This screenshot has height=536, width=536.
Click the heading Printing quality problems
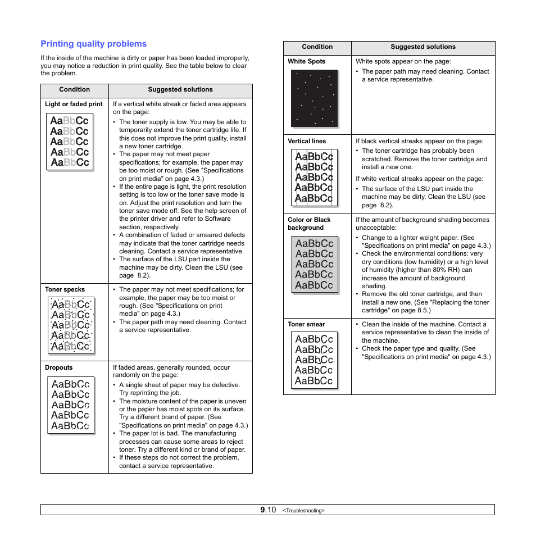(x=93, y=44)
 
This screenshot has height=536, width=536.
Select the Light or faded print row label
(x=74, y=104)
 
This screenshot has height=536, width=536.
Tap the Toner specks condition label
(x=65, y=290)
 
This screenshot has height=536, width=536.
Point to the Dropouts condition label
(x=59, y=367)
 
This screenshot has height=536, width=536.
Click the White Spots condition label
(x=306, y=61)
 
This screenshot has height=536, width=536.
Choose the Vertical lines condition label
(x=306, y=142)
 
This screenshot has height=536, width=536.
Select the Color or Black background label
(x=309, y=224)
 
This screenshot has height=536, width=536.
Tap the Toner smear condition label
(x=306, y=324)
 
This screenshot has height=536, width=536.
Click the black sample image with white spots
(x=314, y=98)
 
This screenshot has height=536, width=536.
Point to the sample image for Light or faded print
(x=70, y=142)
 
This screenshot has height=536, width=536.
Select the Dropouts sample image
(x=70, y=405)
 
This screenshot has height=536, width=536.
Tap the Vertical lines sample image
(x=314, y=177)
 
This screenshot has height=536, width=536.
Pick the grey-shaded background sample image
(x=314, y=264)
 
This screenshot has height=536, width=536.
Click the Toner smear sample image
(x=314, y=360)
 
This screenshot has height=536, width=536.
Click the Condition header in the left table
(x=74, y=89)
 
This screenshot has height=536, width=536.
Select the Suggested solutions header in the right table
(x=423, y=47)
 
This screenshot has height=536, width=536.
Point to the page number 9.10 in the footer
(x=268, y=510)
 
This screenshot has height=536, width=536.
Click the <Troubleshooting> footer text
(x=303, y=511)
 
